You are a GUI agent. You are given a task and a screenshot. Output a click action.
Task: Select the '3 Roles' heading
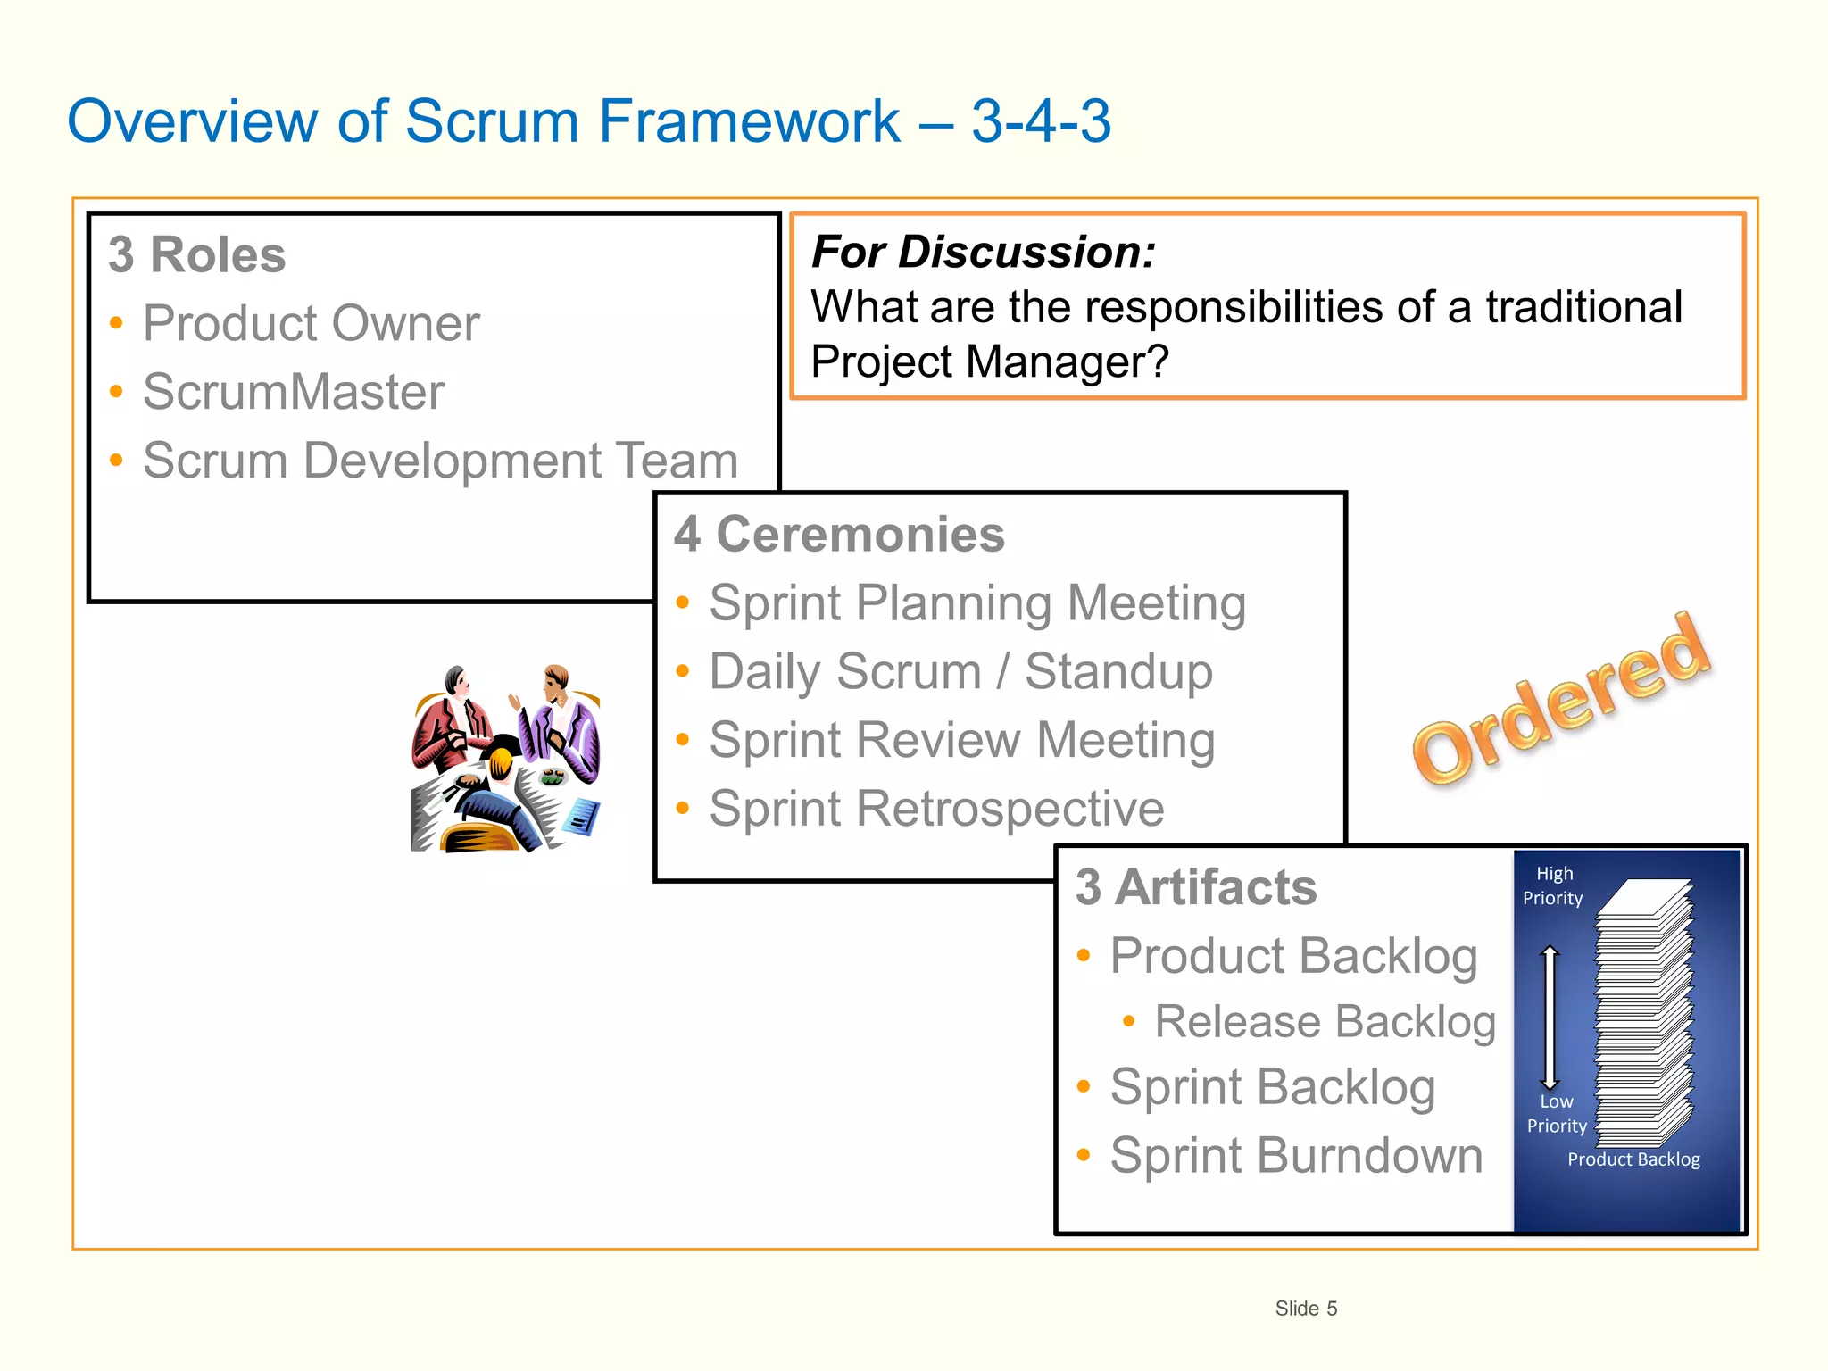197,255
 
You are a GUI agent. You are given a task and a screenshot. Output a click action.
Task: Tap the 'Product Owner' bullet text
311,323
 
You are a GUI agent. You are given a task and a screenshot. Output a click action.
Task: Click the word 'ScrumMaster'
294,392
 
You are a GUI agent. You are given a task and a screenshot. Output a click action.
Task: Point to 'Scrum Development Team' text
440,461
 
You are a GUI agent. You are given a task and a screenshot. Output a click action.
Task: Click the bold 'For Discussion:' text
983,252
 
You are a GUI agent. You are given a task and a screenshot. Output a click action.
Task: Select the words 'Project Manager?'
989,362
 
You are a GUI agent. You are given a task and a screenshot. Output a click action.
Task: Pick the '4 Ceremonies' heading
839,535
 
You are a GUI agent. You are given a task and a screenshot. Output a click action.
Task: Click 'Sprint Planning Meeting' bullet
977,603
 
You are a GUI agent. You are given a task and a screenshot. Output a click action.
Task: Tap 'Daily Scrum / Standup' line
960,672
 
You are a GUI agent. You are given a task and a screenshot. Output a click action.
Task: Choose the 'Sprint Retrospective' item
936,809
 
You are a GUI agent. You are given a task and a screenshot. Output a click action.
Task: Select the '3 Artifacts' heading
1196,887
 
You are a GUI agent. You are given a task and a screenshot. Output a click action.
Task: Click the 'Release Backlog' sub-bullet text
1325,1021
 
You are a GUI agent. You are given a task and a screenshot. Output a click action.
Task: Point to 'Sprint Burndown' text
1296,1155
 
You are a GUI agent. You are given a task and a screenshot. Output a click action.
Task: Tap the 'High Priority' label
1553,885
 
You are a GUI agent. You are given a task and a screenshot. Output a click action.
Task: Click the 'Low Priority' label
1557,1113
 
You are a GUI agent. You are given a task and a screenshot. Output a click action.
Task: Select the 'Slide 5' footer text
1306,1309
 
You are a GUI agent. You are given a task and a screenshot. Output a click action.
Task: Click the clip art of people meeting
505,759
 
